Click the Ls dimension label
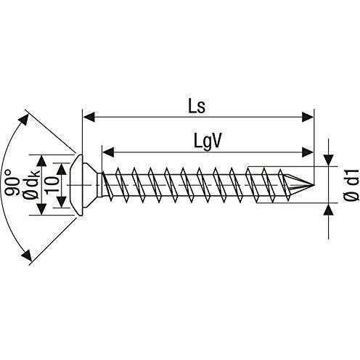[197, 107]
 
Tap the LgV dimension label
[208, 142]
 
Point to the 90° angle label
[12, 183]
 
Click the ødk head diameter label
[30, 184]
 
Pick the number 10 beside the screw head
[52, 184]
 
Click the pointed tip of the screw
[314, 185]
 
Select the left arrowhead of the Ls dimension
[89, 117]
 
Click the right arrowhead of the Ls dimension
[308, 117]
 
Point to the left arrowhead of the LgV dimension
[108, 152]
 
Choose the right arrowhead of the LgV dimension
[308, 152]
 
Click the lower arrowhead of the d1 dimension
[329, 209]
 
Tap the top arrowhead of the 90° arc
[23, 119]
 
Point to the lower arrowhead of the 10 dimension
[62, 202]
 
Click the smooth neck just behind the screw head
[99, 185]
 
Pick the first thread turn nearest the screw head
[107, 185]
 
